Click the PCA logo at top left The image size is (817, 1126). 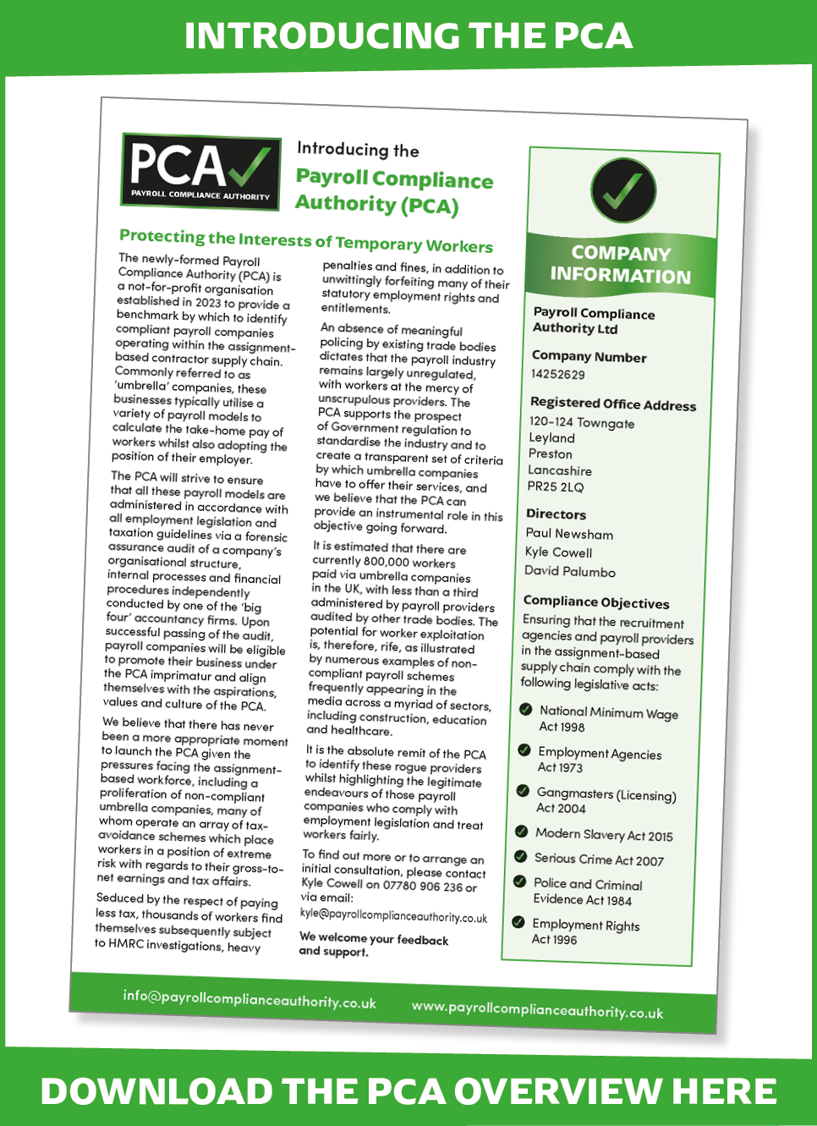(200, 172)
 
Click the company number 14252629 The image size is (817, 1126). (557, 374)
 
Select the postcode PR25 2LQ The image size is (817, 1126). (556, 486)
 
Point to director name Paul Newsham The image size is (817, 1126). (569, 534)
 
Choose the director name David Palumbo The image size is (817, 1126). (569, 571)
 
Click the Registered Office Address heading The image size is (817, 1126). (613, 404)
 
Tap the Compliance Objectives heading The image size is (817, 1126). (596, 602)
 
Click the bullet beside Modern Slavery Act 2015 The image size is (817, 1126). (522, 832)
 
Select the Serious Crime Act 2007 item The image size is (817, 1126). (599, 860)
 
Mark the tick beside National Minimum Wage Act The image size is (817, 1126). (525, 710)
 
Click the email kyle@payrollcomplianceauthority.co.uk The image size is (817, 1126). (393, 916)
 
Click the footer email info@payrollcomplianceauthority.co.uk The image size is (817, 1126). (249, 998)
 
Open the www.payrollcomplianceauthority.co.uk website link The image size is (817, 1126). (537, 1010)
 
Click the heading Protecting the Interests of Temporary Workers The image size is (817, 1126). (306, 240)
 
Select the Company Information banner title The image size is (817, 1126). (621, 265)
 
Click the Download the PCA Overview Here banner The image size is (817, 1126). (408, 1090)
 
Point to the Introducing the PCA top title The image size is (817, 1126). (408, 36)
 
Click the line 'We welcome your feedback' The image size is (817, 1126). (374, 939)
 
